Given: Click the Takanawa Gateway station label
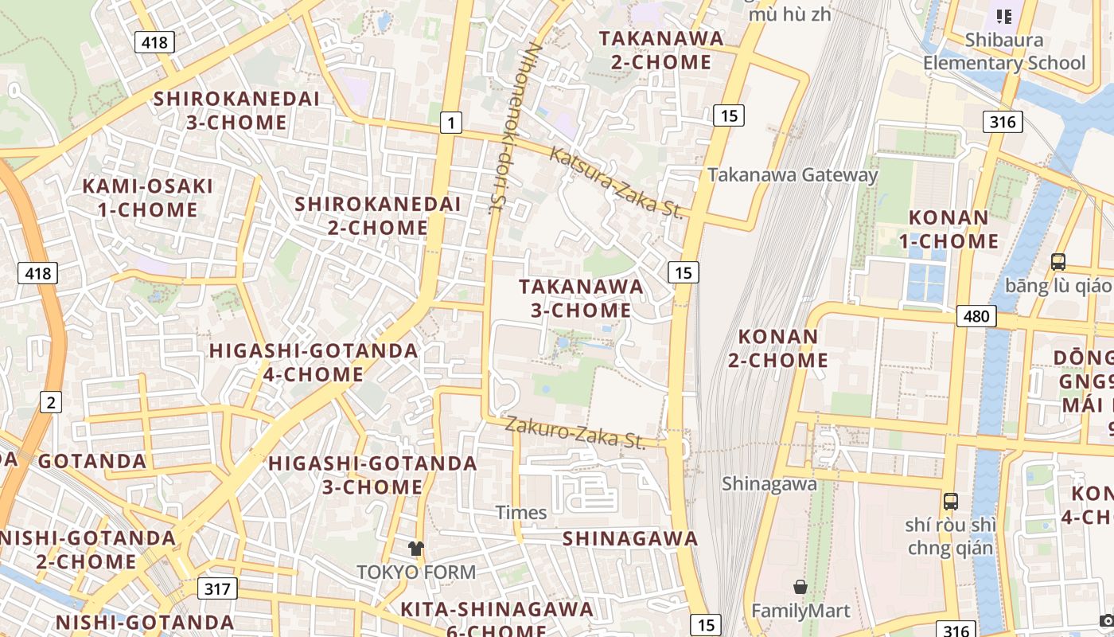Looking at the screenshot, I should point(793,175).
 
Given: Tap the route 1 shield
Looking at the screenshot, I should point(451,123).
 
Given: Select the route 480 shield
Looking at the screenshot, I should point(976,316).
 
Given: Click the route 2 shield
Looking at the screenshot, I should point(51,402).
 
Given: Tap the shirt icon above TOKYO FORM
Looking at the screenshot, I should point(416,548).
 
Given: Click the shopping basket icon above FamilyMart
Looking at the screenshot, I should point(800,588).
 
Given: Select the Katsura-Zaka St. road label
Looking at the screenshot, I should point(617,183).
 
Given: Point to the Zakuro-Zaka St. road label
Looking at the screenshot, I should point(575,432).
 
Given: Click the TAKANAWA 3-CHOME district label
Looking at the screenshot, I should point(581,298).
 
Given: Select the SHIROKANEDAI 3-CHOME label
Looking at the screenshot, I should point(236,111).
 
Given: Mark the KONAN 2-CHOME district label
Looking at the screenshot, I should point(778,348).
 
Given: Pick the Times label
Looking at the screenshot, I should point(521,512).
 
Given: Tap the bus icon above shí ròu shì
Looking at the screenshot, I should point(951,502).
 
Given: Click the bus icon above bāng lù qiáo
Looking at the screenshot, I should point(1058,261).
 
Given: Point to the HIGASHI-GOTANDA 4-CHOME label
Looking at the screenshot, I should point(314,362).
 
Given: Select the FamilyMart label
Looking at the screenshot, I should point(801,611).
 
